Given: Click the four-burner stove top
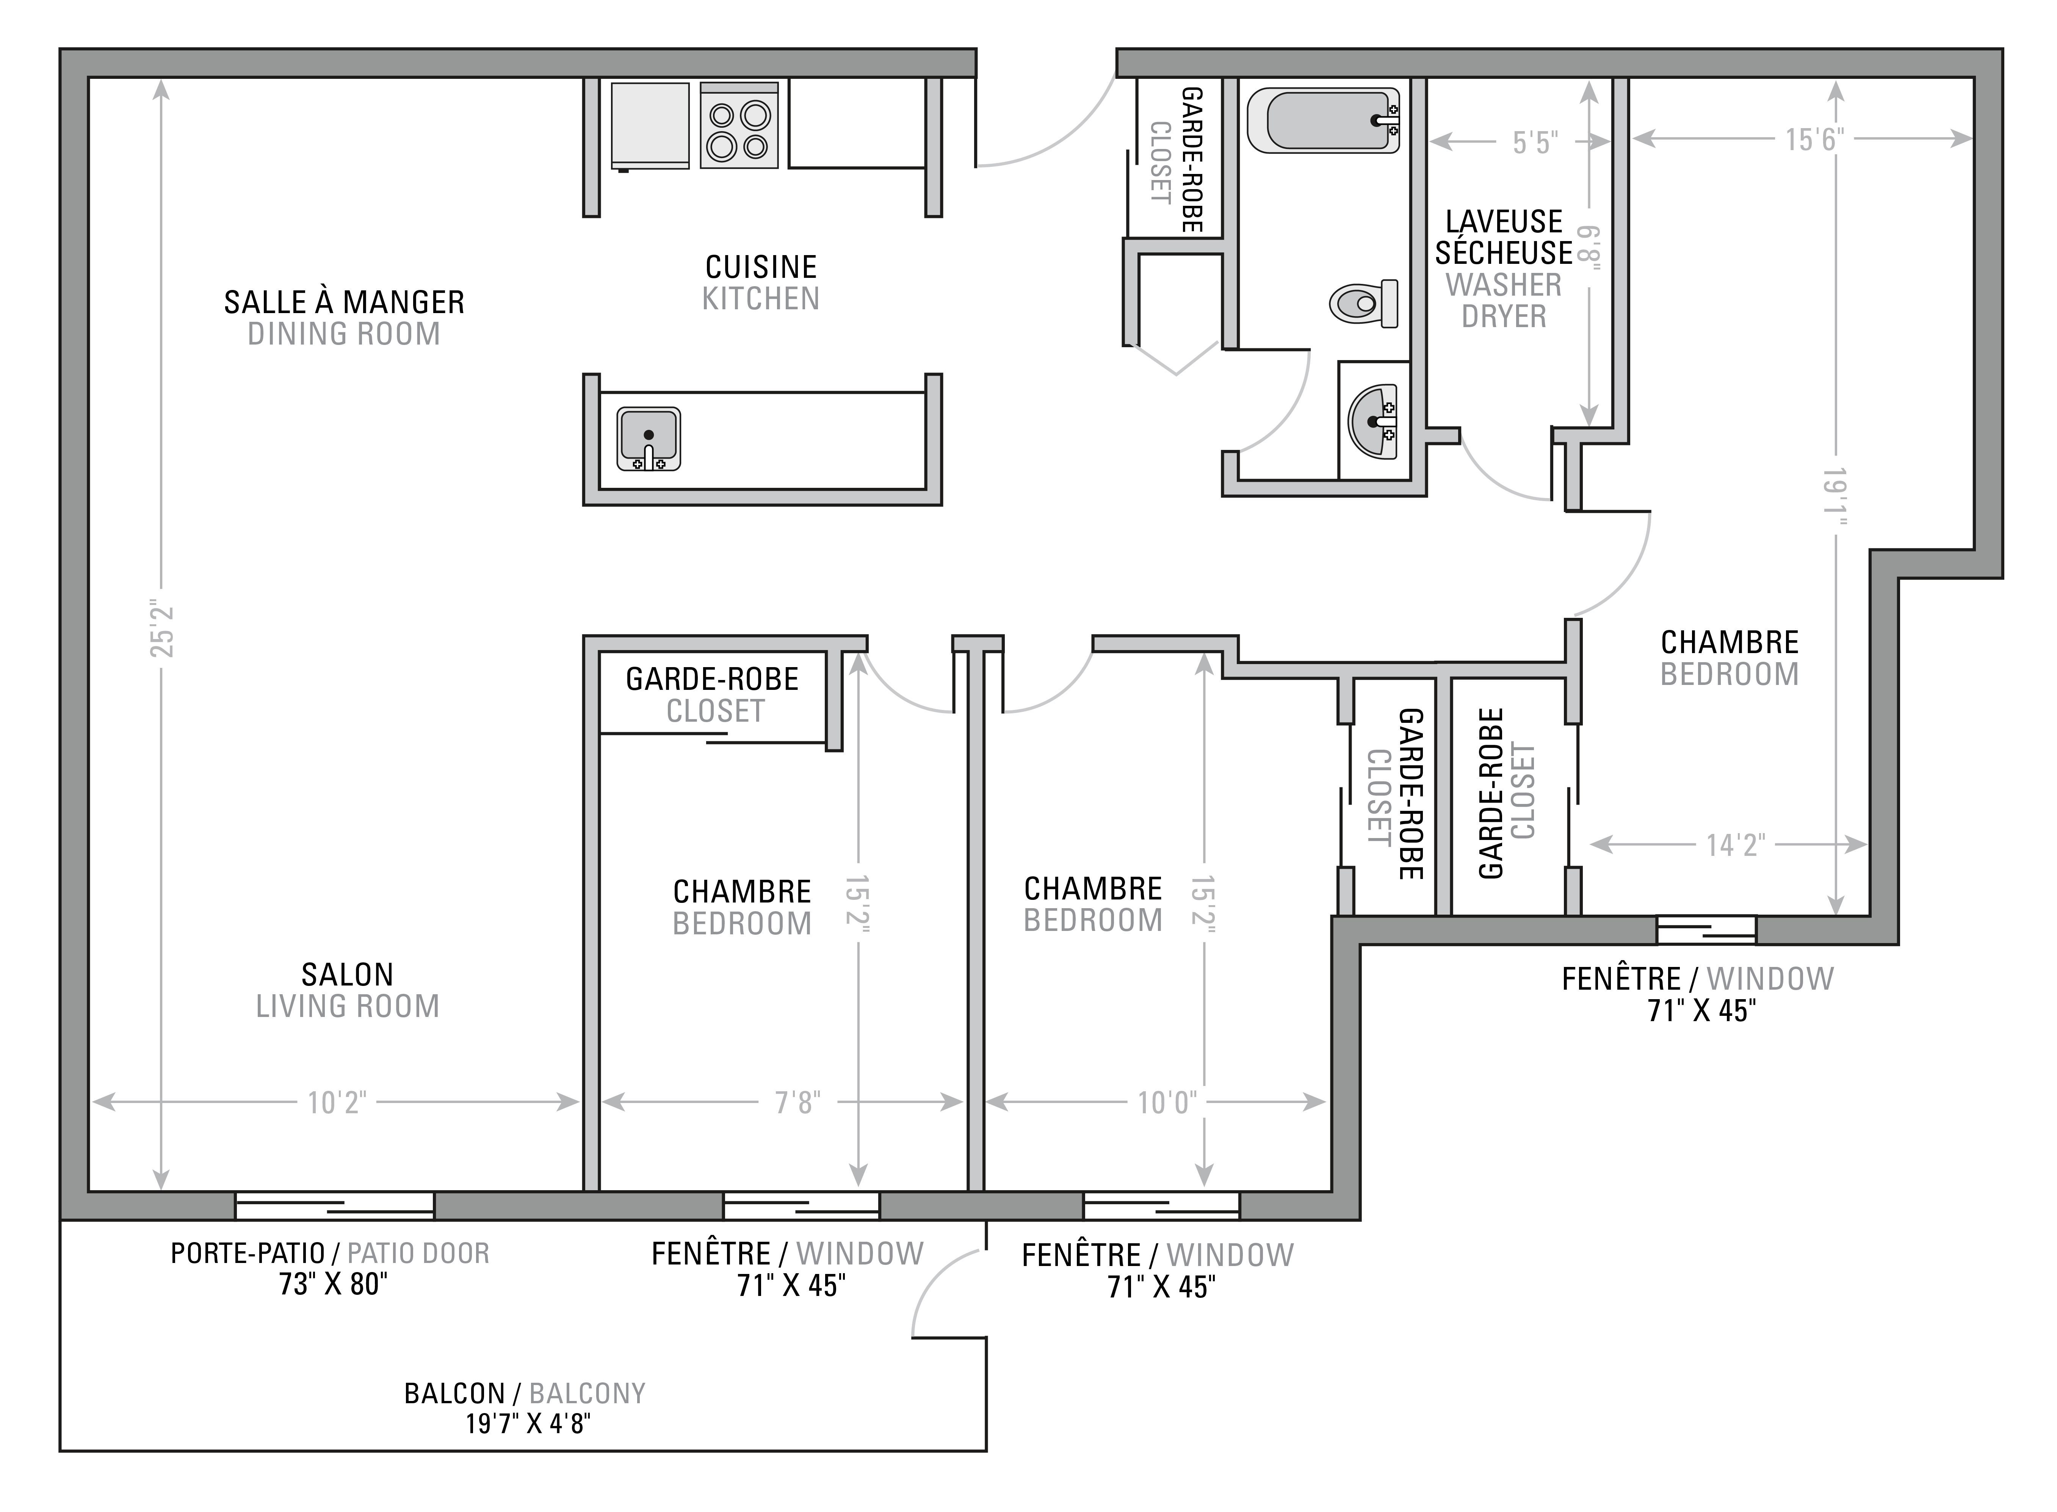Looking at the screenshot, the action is pyautogui.click(x=739, y=125).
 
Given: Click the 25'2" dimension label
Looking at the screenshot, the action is pyautogui.click(x=163, y=631).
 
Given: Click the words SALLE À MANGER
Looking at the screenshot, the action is pyautogui.click(x=344, y=302).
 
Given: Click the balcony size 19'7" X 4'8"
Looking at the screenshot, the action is pyautogui.click(x=528, y=1424).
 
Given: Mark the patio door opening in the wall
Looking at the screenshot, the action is pyautogui.click(x=335, y=1205).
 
